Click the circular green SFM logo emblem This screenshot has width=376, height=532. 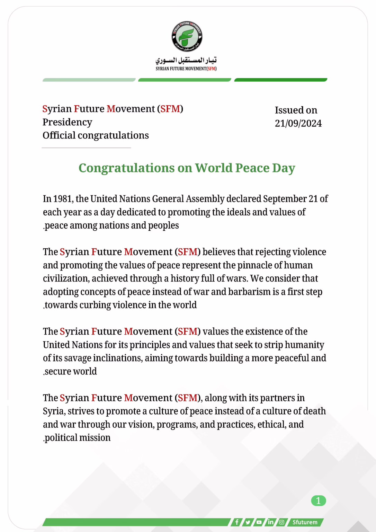click(187, 36)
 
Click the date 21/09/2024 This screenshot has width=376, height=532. click(298, 123)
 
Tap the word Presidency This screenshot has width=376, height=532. click(68, 122)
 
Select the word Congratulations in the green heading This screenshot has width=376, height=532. click(126, 168)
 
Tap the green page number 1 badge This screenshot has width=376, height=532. click(319, 501)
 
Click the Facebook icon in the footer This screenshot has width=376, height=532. click(236, 522)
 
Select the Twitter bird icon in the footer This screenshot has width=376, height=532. click(248, 522)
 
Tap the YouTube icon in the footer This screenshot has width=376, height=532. click(259, 522)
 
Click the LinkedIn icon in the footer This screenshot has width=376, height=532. click(270, 522)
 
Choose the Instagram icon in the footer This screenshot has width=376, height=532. click(282, 522)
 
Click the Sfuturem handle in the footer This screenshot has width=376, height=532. click(305, 522)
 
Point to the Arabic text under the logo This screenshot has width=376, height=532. click(186, 61)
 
